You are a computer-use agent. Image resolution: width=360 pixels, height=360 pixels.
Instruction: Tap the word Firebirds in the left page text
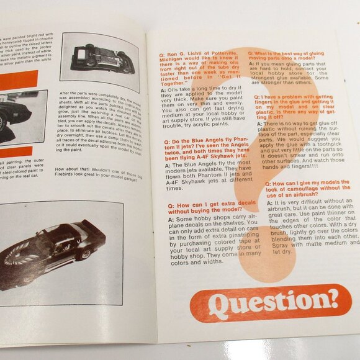coord(68,176)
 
